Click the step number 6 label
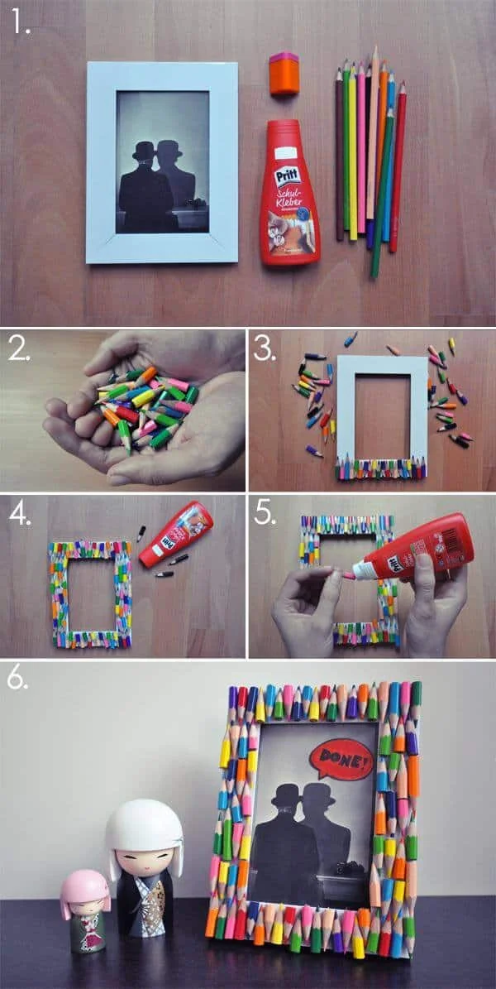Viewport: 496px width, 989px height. (18, 678)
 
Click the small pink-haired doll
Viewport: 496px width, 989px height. (84, 910)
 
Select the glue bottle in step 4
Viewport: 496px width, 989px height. (175, 534)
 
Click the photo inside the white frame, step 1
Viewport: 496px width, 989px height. (161, 161)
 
